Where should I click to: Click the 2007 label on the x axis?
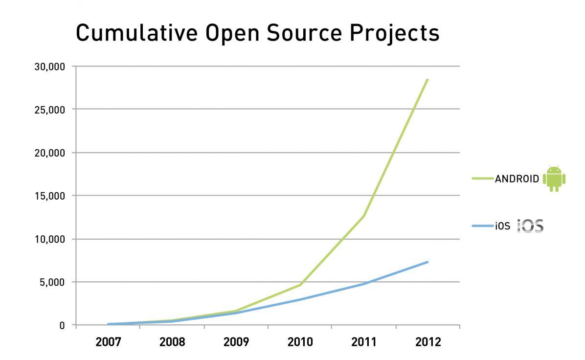coord(108,342)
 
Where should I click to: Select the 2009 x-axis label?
coord(236,342)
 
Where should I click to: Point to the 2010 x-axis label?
coord(300,342)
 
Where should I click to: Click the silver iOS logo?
coord(531,225)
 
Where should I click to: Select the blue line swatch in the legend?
coord(482,226)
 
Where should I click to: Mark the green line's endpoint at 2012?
coord(427,80)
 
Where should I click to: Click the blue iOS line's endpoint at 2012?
coord(427,262)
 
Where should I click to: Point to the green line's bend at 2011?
coord(364,216)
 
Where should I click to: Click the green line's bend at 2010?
coord(300,285)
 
